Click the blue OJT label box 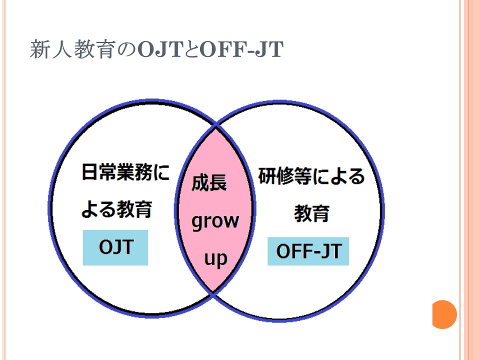[x=115, y=247]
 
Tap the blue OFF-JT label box [x=308, y=251]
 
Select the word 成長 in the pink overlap [x=209, y=183]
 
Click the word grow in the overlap [x=215, y=221]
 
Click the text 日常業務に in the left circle [x=125, y=171]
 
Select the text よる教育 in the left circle [x=116, y=209]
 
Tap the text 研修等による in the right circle [x=311, y=176]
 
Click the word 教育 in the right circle [x=311, y=213]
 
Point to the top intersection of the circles [x=216, y=125]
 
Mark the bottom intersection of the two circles [x=213, y=293]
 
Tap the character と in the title [x=191, y=49]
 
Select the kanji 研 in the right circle [x=267, y=176]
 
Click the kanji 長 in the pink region [x=218, y=183]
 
